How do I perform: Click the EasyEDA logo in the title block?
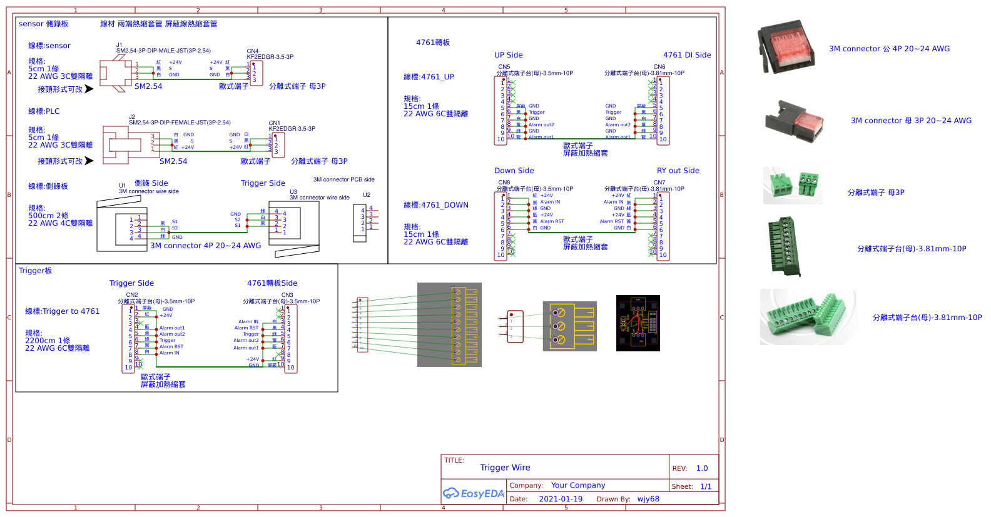(x=474, y=493)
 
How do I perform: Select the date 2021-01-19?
(x=560, y=499)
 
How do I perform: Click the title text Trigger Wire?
(x=505, y=468)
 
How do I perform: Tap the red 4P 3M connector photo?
(x=786, y=48)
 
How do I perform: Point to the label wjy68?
(x=648, y=499)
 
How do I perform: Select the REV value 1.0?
(x=702, y=468)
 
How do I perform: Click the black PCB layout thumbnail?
(x=638, y=323)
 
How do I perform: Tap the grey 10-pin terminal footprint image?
(x=449, y=324)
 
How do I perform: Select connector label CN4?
(x=253, y=51)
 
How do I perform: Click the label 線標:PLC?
(x=44, y=111)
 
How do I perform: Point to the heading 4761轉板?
(x=433, y=43)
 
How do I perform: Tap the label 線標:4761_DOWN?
(x=435, y=205)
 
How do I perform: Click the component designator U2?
(x=367, y=195)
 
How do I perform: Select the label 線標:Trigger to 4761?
(x=62, y=311)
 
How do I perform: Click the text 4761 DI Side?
(x=687, y=55)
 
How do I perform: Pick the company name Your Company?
(x=578, y=485)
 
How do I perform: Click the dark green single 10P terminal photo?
(x=785, y=246)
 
